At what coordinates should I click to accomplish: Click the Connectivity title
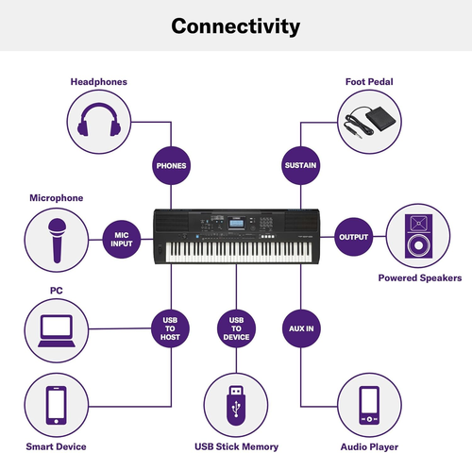(x=236, y=25)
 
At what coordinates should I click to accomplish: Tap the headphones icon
(x=98, y=123)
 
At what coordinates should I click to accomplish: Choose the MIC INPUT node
(x=121, y=236)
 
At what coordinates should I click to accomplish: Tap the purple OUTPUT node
(x=353, y=236)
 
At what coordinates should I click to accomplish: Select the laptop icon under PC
(x=56, y=327)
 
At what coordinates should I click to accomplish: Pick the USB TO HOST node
(x=171, y=327)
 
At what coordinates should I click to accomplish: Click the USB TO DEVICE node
(x=236, y=327)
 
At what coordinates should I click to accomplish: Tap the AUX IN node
(x=300, y=327)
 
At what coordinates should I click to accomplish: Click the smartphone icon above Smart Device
(x=56, y=405)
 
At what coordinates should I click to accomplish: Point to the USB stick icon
(x=236, y=405)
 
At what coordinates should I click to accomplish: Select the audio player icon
(x=369, y=405)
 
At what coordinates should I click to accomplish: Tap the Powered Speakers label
(x=420, y=278)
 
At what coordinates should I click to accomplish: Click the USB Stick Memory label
(x=236, y=446)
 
